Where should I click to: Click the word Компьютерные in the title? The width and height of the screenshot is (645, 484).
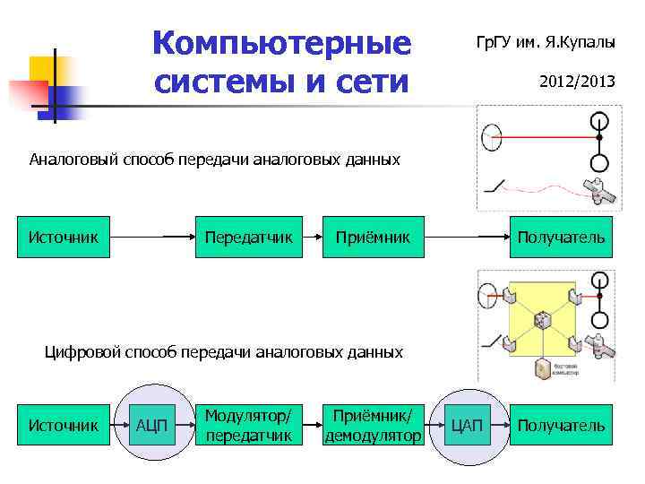tap(281, 43)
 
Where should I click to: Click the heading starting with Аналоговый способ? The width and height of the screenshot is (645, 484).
tap(214, 160)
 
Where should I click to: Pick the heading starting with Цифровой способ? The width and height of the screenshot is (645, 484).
tap(224, 352)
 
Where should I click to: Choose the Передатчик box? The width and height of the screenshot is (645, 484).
tap(249, 238)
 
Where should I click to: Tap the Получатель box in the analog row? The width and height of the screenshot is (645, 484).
tap(561, 238)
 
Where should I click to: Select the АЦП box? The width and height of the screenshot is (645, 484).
tap(151, 425)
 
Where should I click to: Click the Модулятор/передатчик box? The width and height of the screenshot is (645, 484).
tap(248, 425)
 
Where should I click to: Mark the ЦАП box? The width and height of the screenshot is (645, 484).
tap(466, 425)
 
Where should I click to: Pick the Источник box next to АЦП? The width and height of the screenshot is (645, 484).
tap(64, 425)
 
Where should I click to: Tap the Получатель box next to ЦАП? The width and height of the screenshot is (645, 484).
tap(561, 425)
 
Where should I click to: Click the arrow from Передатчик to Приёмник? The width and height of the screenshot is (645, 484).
tap(313, 238)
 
